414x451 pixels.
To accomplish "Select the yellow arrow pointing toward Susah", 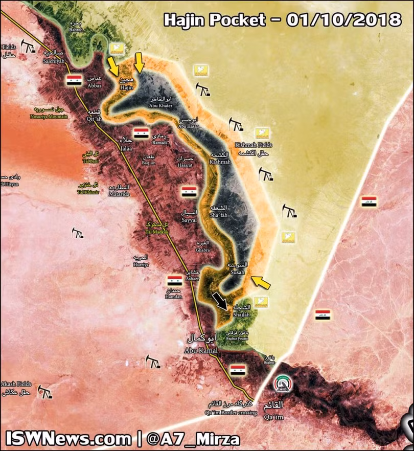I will [x=261, y=282].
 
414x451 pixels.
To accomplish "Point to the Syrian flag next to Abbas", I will [x=74, y=80].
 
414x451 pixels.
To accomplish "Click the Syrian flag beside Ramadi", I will [x=141, y=133].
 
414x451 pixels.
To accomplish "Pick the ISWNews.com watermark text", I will [x=68, y=439].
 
